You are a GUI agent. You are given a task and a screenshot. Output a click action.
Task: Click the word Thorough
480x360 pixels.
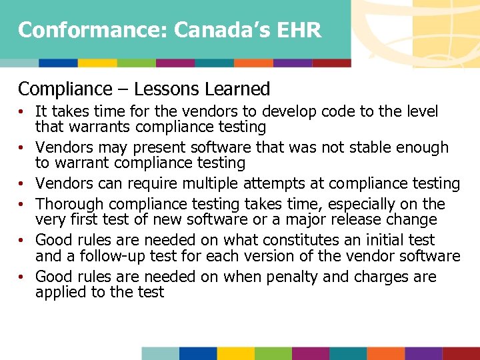[x=67, y=204]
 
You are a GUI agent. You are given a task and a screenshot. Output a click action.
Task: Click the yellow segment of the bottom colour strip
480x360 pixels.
[x=235, y=353]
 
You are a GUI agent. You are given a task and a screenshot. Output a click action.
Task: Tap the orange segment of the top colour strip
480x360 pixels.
[x=253, y=63]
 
